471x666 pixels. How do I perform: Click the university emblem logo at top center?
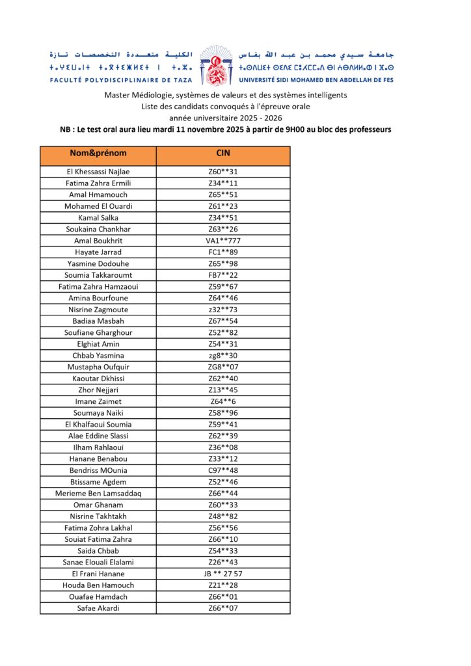[x=215, y=65]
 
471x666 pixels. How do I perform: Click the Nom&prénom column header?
[x=98, y=153]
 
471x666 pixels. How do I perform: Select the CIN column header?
[x=222, y=153]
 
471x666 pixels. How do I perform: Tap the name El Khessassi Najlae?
[x=98, y=172]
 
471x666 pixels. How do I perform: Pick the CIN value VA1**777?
[x=222, y=241]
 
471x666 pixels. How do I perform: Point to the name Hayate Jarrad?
[x=98, y=252]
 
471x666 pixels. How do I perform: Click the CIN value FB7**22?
[x=222, y=275]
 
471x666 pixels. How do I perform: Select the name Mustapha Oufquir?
[x=98, y=367]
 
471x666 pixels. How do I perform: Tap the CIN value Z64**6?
[x=222, y=401]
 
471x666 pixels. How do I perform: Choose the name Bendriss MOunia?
[x=98, y=470]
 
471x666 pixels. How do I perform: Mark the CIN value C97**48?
[x=222, y=470]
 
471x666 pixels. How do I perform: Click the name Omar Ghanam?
[x=98, y=505]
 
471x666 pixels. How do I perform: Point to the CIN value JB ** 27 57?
[x=222, y=574]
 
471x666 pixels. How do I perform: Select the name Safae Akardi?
[x=98, y=608]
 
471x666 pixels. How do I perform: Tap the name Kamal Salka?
[x=98, y=218]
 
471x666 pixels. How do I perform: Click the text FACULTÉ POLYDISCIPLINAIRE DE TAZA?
[x=113, y=79]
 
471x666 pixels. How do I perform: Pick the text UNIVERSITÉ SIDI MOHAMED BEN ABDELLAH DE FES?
[x=317, y=79]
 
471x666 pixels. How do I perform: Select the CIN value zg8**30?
[x=222, y=356]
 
